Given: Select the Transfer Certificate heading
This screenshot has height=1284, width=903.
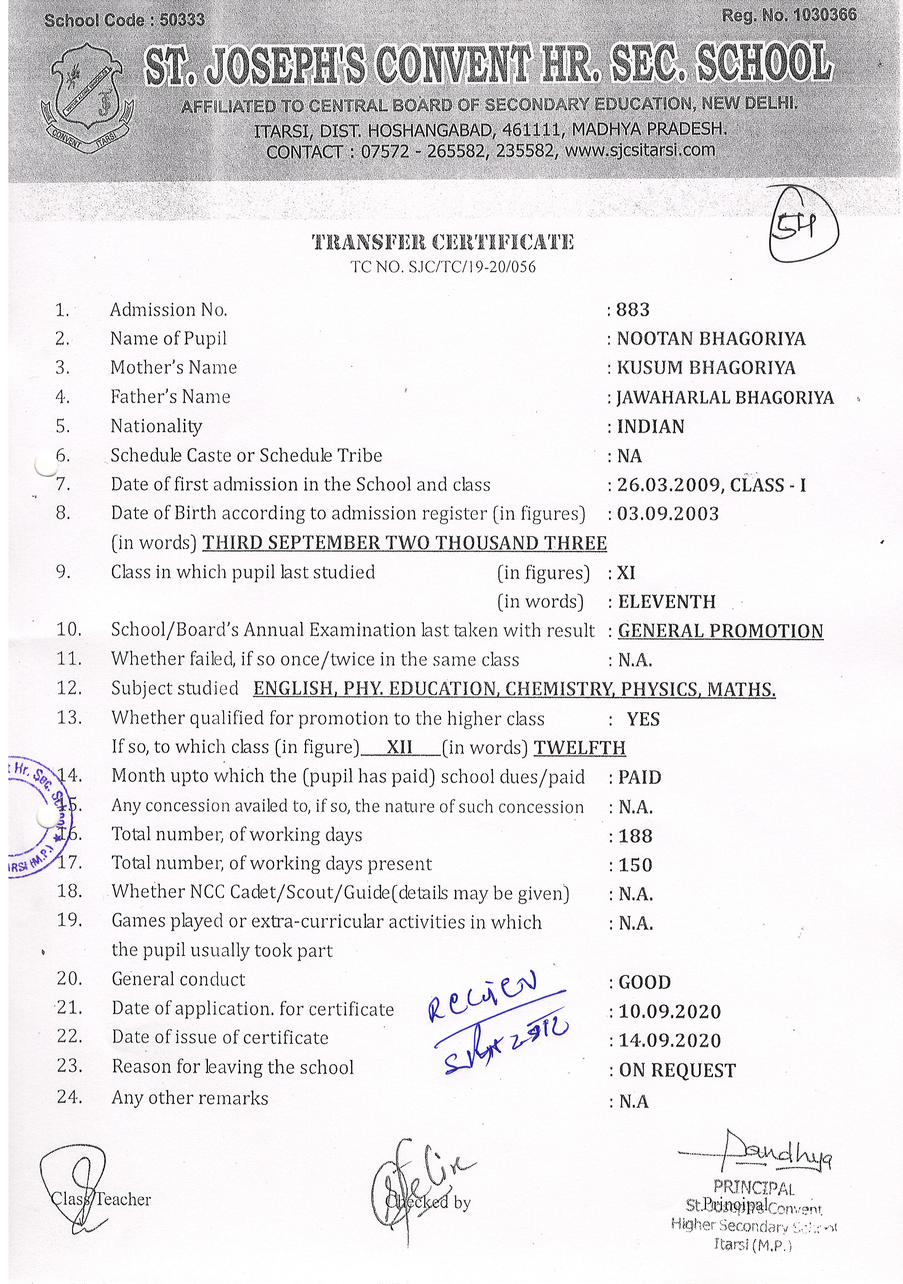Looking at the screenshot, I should coord(442,242).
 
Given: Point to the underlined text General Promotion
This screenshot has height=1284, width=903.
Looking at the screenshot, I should coord(720,631).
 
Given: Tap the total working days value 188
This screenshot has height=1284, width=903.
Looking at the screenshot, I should coord(635,836).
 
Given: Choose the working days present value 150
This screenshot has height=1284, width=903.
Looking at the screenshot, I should coord(635,865).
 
